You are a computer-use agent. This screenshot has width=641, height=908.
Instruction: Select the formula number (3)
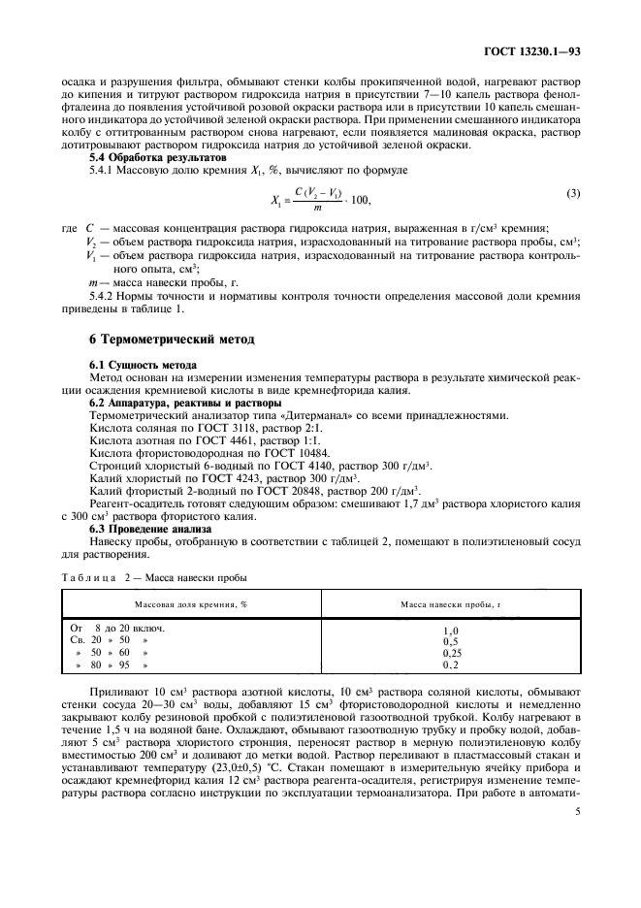[x=573, y=192]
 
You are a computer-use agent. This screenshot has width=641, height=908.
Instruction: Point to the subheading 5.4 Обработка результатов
[x=157, y=156]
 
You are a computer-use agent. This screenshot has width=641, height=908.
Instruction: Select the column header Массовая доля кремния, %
[x=190, y=603]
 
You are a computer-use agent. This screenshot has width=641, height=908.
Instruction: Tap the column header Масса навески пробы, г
[x=451, y=603]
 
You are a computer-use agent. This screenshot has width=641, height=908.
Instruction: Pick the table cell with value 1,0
[x=450, y=630]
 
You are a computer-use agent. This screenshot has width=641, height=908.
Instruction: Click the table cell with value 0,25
[x=450, y=653]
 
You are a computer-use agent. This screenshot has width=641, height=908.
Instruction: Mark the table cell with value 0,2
[x=450, y=665]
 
